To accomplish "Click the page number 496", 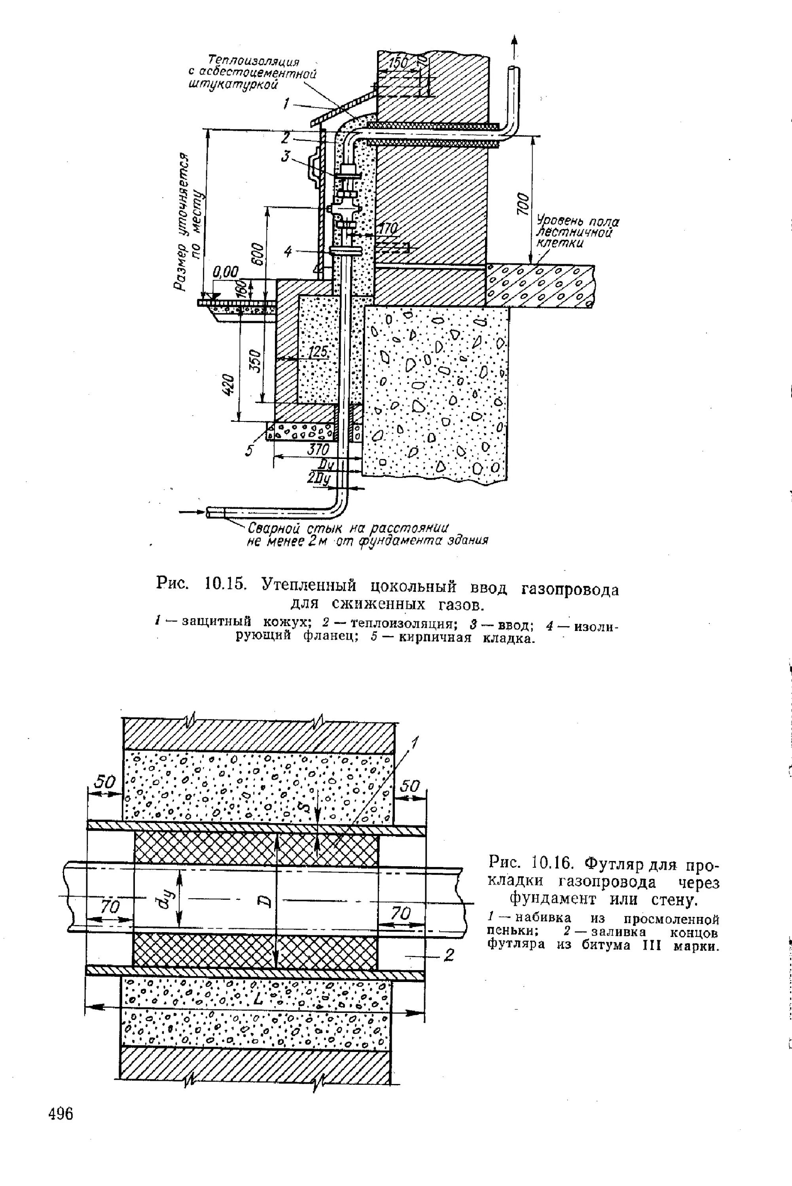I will coord(60,1113).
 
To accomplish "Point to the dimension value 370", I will coord(318,449).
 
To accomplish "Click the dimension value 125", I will coord(318,352).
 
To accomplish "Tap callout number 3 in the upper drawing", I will coord(286,157).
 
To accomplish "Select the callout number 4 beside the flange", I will coord(288,252).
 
